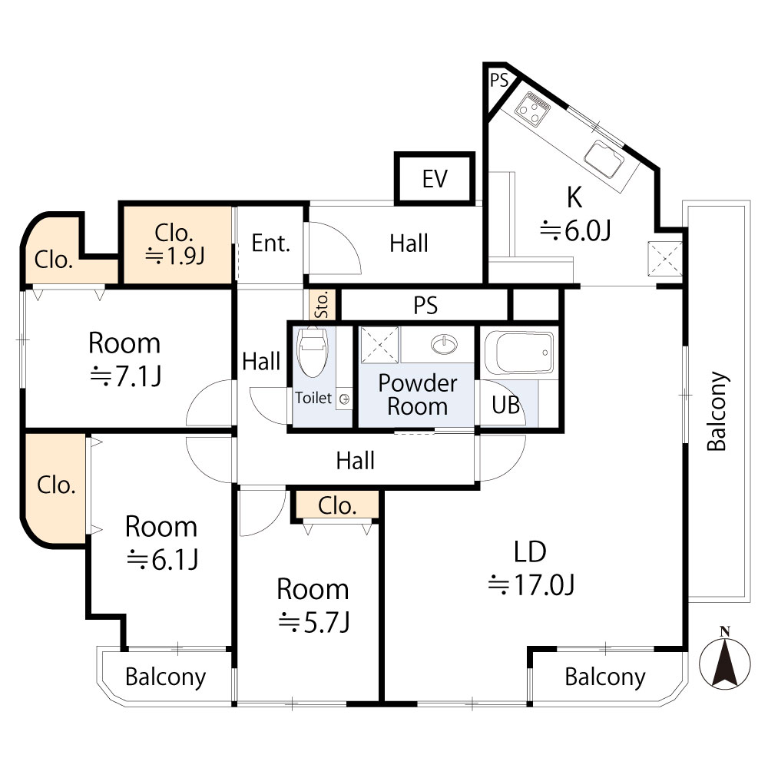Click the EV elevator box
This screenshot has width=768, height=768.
[x=435, y=179]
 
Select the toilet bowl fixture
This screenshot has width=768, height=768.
[x=312, y=353]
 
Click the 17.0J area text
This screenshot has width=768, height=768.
[x=532, y=587]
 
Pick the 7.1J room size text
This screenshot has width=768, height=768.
[x=124, y=376]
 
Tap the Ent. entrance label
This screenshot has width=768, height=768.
[x=271, y=244]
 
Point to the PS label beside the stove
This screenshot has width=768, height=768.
[x=498, y=80]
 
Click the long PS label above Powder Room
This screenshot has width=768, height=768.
[x=425, y=306]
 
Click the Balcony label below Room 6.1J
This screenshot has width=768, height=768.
[x=165, y=677]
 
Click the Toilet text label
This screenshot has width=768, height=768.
[x=314, y=398]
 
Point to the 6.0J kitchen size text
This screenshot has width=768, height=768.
[x=574, y=230]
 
